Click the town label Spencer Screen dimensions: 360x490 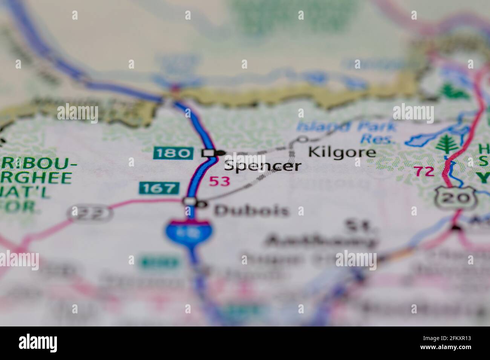(263, 166)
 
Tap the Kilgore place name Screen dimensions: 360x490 (342, 152)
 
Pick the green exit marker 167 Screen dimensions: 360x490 (159, 188)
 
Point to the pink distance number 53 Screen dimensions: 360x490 (219, 182)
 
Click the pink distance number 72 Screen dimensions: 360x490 (424, 171)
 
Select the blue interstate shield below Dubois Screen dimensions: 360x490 (188, 231)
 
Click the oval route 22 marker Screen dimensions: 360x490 (90, 214)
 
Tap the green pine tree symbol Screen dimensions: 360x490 (447, 144)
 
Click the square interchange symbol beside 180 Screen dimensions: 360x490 (208, 153)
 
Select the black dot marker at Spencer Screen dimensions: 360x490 (220, 153)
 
